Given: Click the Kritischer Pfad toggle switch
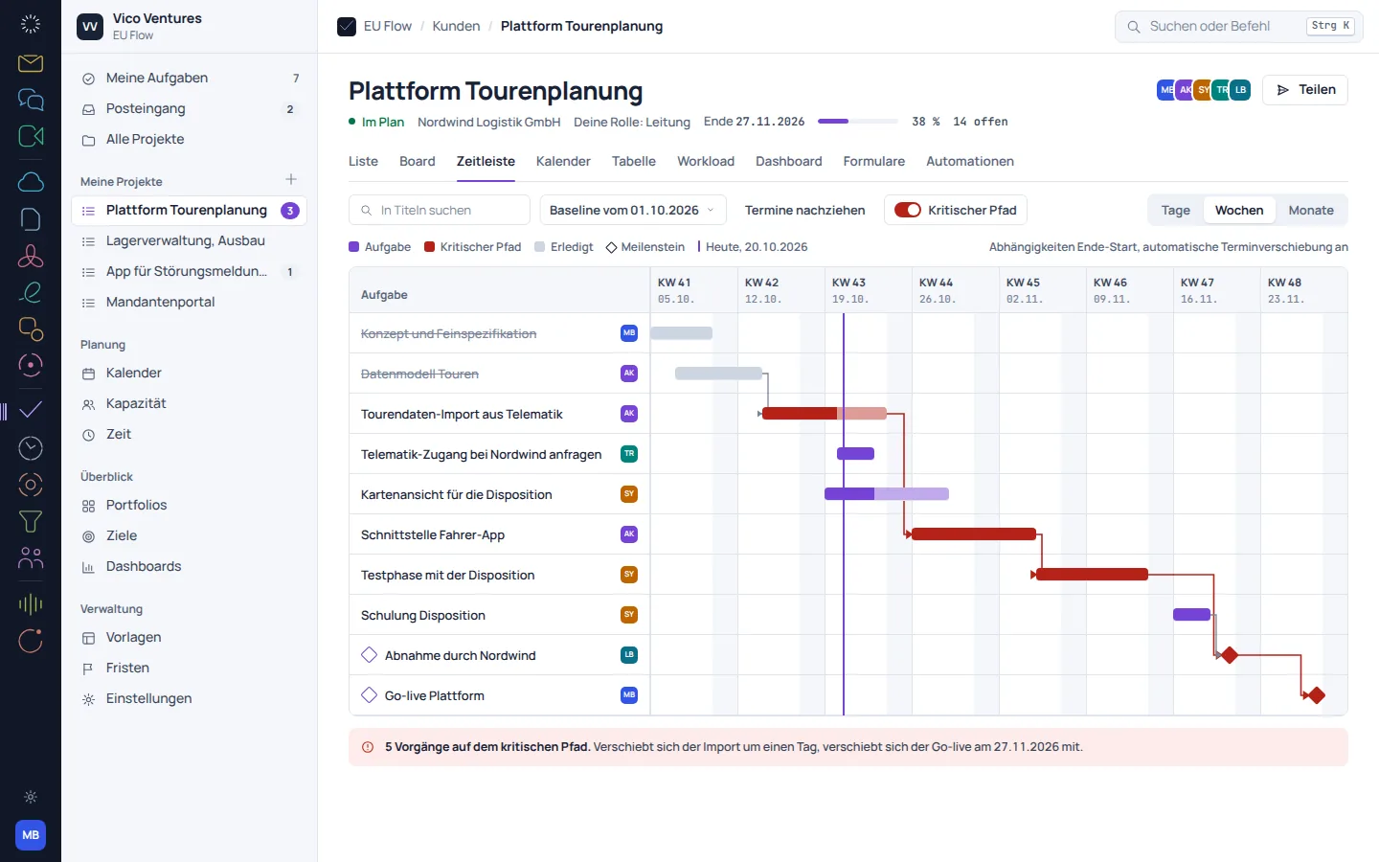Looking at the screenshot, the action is (908, 210).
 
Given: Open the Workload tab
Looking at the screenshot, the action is (706, 161).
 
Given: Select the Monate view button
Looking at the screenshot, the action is (1311, 210).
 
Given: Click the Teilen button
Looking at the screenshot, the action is (1305, 90).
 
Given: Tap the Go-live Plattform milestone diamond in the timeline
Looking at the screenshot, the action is (1317, 695).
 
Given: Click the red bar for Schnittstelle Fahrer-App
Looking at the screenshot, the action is (974, 533).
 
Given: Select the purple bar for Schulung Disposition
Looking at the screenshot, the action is (1192, 615).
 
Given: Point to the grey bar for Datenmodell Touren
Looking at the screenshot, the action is (718, 374).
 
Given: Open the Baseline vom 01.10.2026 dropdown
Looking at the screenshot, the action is (633, 210).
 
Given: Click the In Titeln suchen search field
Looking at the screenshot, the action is (440, 210).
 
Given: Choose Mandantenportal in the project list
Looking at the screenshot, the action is (160, 303).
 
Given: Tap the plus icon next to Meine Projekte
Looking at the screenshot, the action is (291, 179).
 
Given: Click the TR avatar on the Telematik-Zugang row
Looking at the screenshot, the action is (629, 454).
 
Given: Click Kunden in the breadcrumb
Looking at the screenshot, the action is (456, 26).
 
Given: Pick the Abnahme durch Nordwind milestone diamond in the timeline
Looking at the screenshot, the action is (1230, 655).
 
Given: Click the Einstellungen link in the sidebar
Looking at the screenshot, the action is (148, 699).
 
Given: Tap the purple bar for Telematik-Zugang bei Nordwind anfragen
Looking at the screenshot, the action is (856, 454).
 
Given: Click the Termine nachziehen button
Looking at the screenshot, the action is (804, 210).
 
